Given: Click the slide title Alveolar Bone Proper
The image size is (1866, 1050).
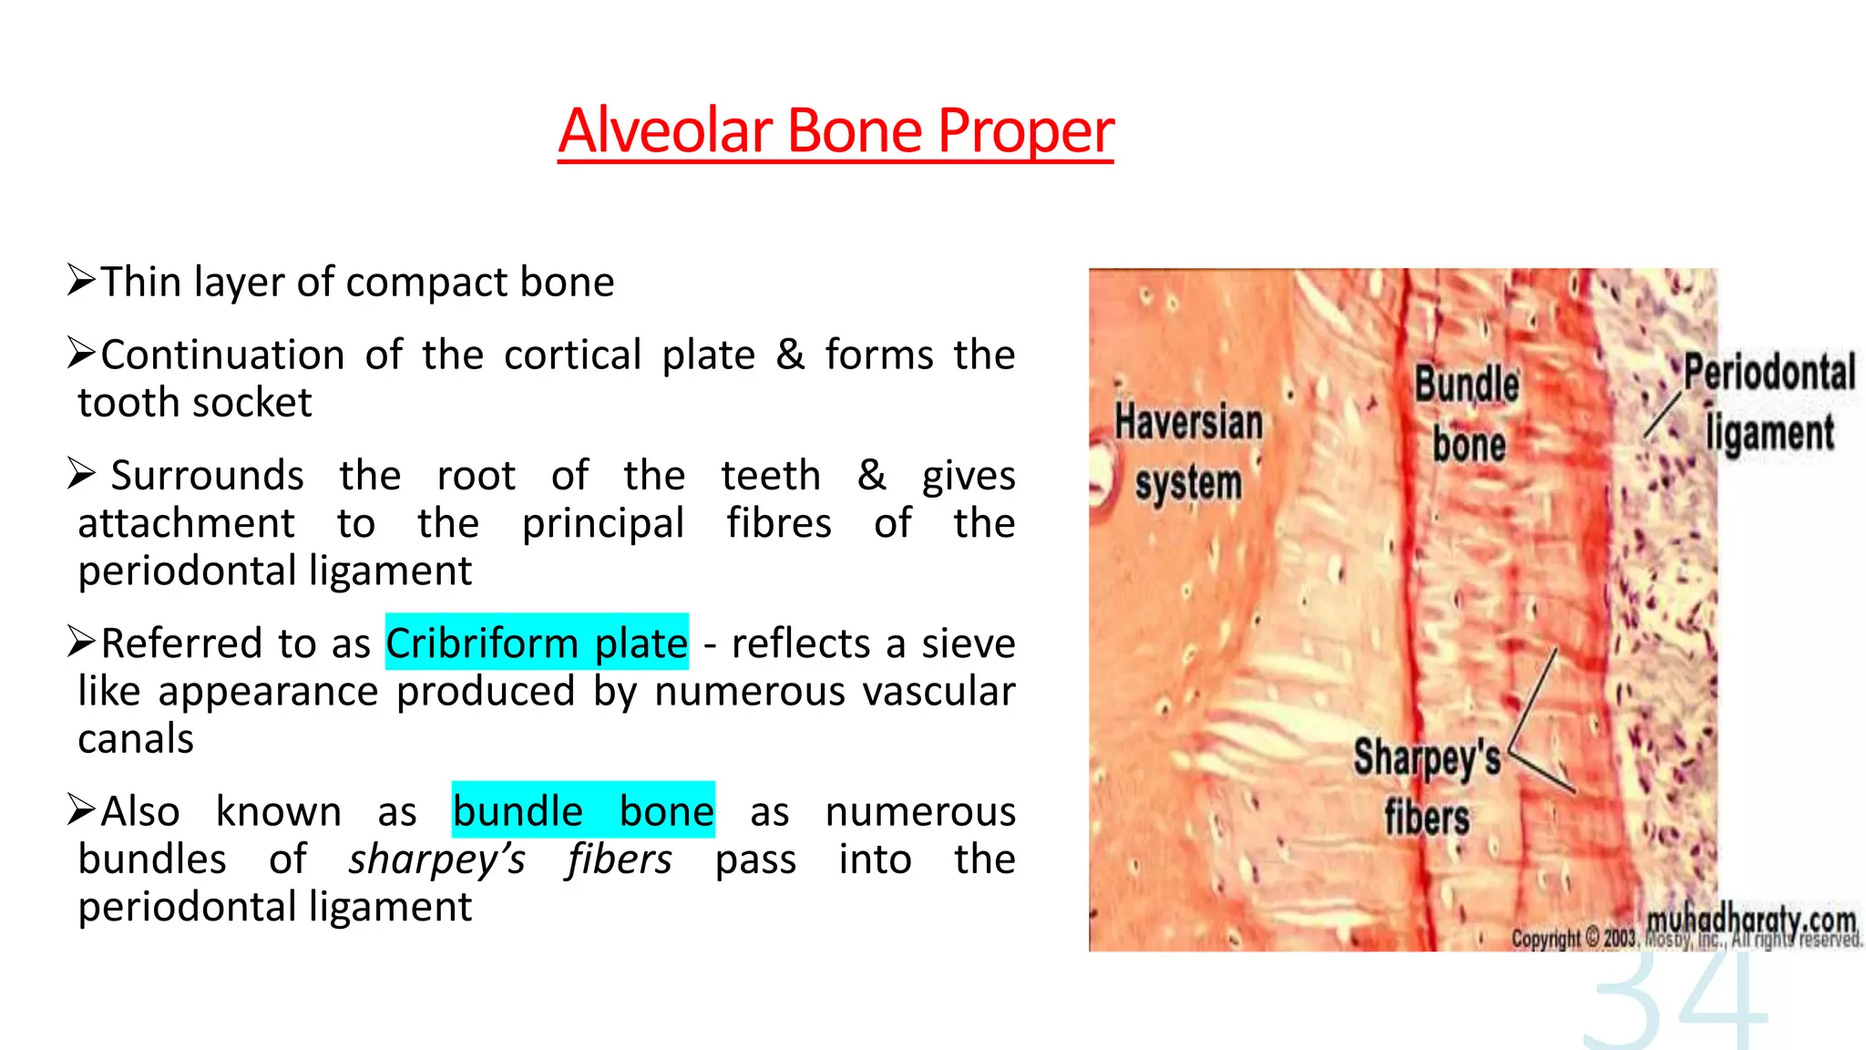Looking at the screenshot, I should coord(836,130).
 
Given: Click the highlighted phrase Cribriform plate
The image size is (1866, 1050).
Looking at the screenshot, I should coord(537,643).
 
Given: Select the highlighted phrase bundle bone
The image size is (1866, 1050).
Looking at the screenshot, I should coord(583,810).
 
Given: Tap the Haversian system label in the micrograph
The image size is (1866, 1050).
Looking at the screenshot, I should coord(1189,452).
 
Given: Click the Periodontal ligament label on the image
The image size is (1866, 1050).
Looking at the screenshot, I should coord(1769,401).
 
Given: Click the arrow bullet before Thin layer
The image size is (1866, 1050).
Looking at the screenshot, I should coord(81,281).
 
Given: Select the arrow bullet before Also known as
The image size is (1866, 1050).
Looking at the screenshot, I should coord(81,809).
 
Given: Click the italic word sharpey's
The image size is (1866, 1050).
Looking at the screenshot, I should coord(437,860).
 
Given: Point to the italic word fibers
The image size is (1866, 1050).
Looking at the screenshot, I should coord(620,860).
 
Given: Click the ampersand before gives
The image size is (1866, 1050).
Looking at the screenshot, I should coord(871,475).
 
